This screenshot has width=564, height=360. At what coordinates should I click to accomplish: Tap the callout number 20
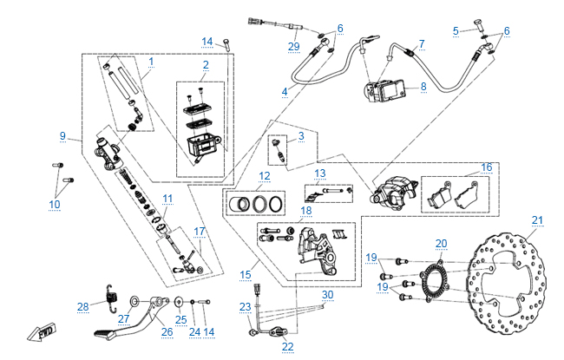click(x=441, y=244)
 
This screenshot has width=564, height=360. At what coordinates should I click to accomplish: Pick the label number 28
click(x=83, y=306)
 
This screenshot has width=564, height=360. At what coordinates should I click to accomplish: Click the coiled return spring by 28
click(x=109, y=298)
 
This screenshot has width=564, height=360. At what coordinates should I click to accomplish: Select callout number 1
click(x=150, y=62)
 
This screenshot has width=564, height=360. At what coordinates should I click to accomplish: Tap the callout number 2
click(x=206, y=65)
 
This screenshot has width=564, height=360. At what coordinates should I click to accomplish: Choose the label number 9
click(x=63, y=135)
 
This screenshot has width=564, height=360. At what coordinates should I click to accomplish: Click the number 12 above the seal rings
click(x=265, y=176)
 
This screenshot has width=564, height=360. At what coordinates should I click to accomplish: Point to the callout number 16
click(x=487, y=167)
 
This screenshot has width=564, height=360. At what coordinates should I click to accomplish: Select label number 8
click(x=423, y=86)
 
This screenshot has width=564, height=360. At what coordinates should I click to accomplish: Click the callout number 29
click(x=293, y=46)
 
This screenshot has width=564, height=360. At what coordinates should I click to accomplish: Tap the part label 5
click(x=456, y=30)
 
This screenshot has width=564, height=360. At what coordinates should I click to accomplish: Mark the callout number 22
click(x=288, y=346)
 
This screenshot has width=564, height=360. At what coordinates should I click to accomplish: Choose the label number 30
click(x=327, y=295)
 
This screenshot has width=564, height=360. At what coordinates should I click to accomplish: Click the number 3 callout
click(x=300, y=136)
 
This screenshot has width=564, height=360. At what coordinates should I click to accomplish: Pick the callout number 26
click(x=167, y=331)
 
